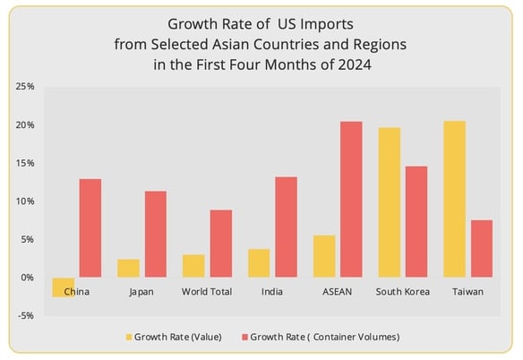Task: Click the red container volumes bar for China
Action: (x=90, y=228)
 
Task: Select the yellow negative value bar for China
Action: (x=63, y=287)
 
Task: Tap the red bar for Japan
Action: (x=156, y=235)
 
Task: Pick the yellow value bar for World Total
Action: (x=193, y=266)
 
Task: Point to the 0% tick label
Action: (x=27, y=278)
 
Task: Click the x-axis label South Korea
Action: (x=403, y=292)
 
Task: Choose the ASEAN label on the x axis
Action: (x=337, y=292)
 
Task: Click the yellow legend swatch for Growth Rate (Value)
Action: (x=128, y=337)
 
